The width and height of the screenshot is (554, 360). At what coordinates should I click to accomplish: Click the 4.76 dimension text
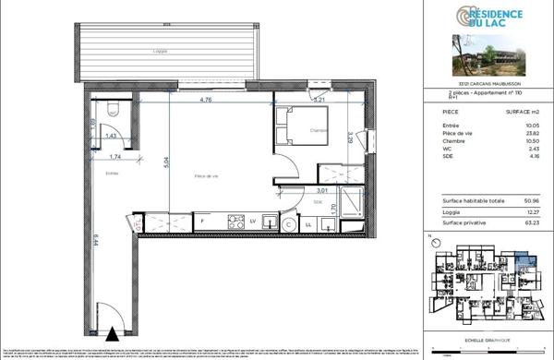pos(208,98)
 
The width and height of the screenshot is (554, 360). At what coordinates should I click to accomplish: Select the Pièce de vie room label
pos(206,175)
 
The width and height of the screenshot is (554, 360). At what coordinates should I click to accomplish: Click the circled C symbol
pos(288,222)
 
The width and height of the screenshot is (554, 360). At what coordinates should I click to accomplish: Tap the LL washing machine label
pos(307,222)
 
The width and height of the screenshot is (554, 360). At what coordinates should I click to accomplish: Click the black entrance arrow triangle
pos(113,333)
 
